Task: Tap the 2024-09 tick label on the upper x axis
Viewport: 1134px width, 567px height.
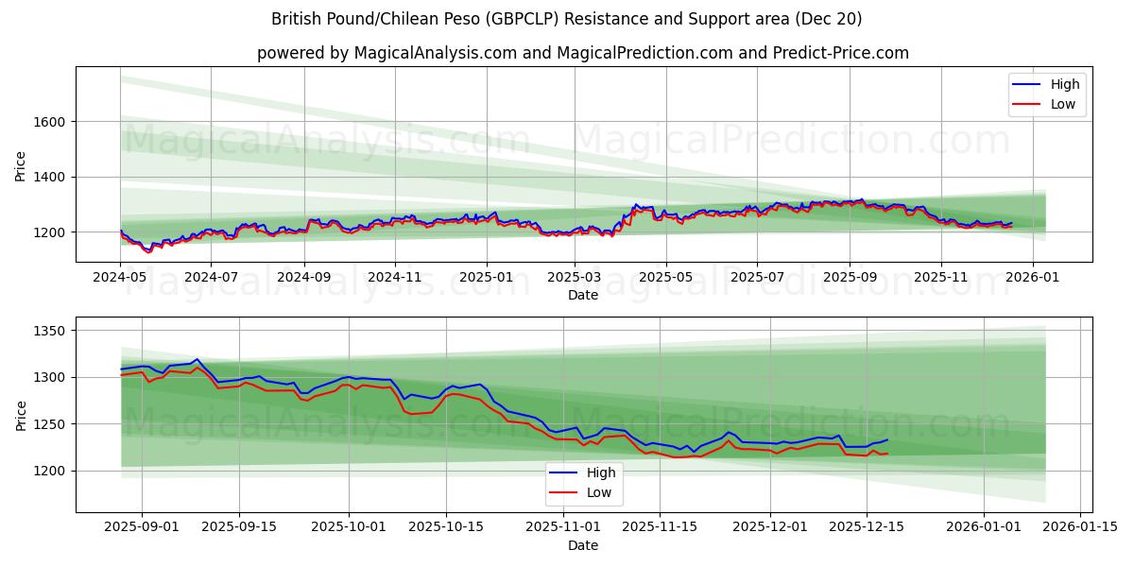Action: click(x=303, y=279)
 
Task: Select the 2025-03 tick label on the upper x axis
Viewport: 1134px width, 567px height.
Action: click(x=575, y=279)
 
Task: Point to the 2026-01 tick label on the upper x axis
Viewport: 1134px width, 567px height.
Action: click(x=1032, y=279)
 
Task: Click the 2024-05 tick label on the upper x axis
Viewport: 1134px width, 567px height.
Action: click(x=120, y=279)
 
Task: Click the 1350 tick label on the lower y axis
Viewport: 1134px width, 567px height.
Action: click(x=49, y=331)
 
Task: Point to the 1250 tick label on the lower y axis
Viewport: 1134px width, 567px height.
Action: click(x=49, y=424)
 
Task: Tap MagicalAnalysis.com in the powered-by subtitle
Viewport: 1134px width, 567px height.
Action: click(x=436, y=53)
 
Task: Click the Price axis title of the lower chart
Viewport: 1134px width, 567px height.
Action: click(x=21, y=415)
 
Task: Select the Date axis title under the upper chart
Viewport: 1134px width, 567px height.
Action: click(x=582, y=296)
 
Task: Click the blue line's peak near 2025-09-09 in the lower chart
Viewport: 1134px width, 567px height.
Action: click(x=197, y=359)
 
